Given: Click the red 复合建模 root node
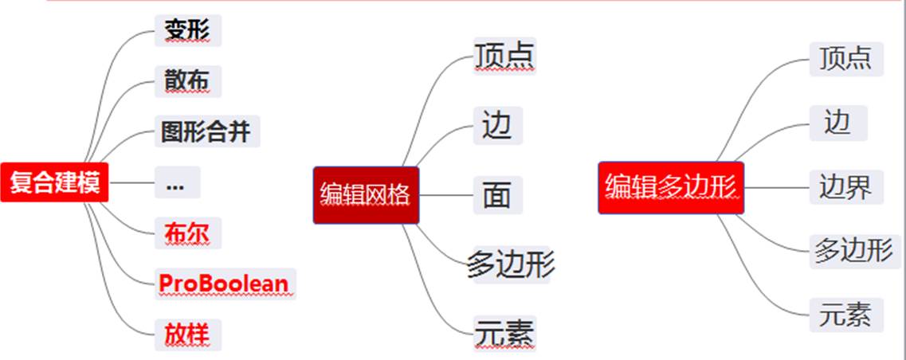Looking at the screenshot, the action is [x=54, y=182].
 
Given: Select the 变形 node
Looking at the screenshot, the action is [x=187, y=30].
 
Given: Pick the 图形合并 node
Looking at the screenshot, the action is [x=207, y=131].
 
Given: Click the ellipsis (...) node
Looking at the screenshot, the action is [x=176, y=182].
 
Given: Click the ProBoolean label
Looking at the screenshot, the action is [x=225, y=284].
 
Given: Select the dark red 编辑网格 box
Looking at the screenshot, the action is [x=367, y=194].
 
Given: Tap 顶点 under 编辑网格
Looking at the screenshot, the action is [x=504, y=56].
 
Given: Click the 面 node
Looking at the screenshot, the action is [x=498, y=195].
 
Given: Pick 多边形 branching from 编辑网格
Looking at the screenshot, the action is [x=511, y=264].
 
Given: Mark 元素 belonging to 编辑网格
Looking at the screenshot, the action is [x=504, y=333].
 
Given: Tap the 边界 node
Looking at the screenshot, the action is [x=846, y=188].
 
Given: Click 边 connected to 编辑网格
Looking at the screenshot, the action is [x=498, y=126].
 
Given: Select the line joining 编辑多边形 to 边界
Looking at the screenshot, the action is [x=776, y=188].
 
